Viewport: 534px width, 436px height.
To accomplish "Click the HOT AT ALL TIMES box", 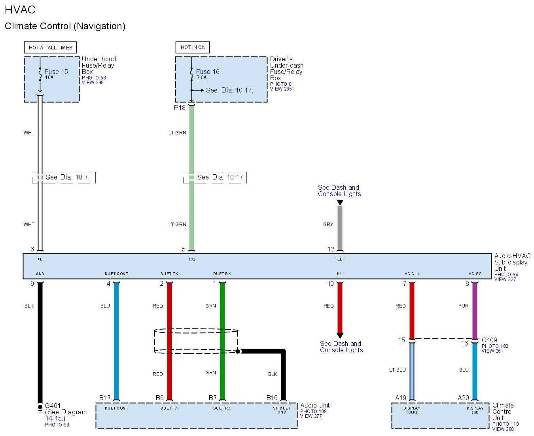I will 50,47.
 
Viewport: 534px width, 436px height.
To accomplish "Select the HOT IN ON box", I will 193,47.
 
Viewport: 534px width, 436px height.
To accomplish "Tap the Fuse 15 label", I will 56,72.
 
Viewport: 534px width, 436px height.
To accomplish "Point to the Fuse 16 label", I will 208,72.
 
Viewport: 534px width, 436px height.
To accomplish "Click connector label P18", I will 180,108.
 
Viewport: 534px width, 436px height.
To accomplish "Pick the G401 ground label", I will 53,406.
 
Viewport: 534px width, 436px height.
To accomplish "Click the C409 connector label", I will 489,340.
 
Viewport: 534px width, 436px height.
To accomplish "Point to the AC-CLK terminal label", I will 412,274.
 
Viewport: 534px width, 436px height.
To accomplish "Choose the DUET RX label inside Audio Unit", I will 222,408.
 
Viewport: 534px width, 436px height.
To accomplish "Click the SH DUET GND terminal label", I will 282,410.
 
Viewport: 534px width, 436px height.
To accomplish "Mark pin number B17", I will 105,398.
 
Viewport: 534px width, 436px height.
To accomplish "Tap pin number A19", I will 401,398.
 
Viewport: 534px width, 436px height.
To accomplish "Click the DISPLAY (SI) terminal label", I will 475,410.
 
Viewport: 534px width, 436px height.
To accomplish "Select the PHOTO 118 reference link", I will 506,424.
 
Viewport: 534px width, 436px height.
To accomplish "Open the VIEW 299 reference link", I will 93,83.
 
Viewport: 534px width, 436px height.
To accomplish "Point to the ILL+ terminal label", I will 340,259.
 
